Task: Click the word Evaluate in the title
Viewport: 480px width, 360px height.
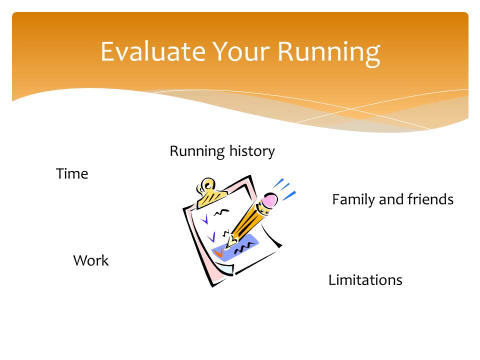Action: click(x=153, y=51)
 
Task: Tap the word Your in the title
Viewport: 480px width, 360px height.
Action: click(x=241, y=51)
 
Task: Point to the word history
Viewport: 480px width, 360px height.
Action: click(x=252, y=151)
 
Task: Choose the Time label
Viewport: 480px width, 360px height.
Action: click(x=72, y=173)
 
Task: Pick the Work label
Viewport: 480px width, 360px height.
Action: click(x=91, y=260)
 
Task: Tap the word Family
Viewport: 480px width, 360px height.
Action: click(x=353, y=200)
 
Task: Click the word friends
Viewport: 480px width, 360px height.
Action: click(x=430, y=199)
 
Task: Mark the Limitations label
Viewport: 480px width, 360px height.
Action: click(x=365, y=280)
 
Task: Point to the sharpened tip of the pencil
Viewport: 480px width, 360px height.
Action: click(x=228, y=245)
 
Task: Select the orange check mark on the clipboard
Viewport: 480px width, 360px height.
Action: click(x=219, y=252)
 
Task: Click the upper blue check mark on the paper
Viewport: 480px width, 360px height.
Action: click(x=204, y=219)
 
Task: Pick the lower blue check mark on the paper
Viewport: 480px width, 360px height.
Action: click(x=211, y=237)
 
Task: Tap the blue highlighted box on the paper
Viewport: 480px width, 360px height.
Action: click(x=235, y=248)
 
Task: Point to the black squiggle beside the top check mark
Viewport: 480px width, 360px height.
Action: click(x=221, y=212)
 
